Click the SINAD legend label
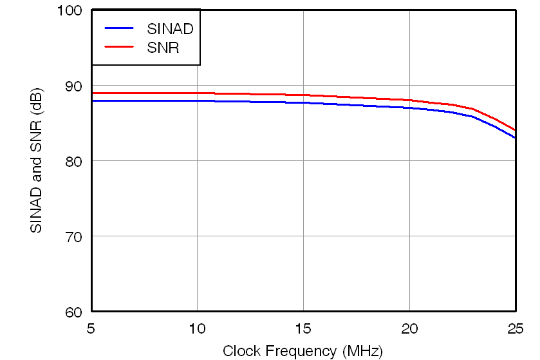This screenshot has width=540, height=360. coord(170,28)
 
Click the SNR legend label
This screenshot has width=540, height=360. coord(163,48)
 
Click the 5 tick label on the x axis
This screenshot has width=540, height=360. coord(91,328)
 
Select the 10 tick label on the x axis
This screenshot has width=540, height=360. coord(197,328)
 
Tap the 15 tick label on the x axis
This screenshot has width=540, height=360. coord(303,328)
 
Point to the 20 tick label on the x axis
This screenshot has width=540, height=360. coord(409,328)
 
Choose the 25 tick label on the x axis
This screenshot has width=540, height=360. coord(515,328)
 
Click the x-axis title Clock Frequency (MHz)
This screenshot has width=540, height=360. coord(303,351)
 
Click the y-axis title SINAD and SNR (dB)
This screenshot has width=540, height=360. coord(37,161)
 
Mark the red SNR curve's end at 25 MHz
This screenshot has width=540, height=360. coord(515,130)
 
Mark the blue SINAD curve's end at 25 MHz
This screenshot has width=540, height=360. coord(515,138)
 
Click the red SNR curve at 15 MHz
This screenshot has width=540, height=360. coord(303,95)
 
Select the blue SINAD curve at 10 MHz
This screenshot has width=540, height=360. coord(197,101)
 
